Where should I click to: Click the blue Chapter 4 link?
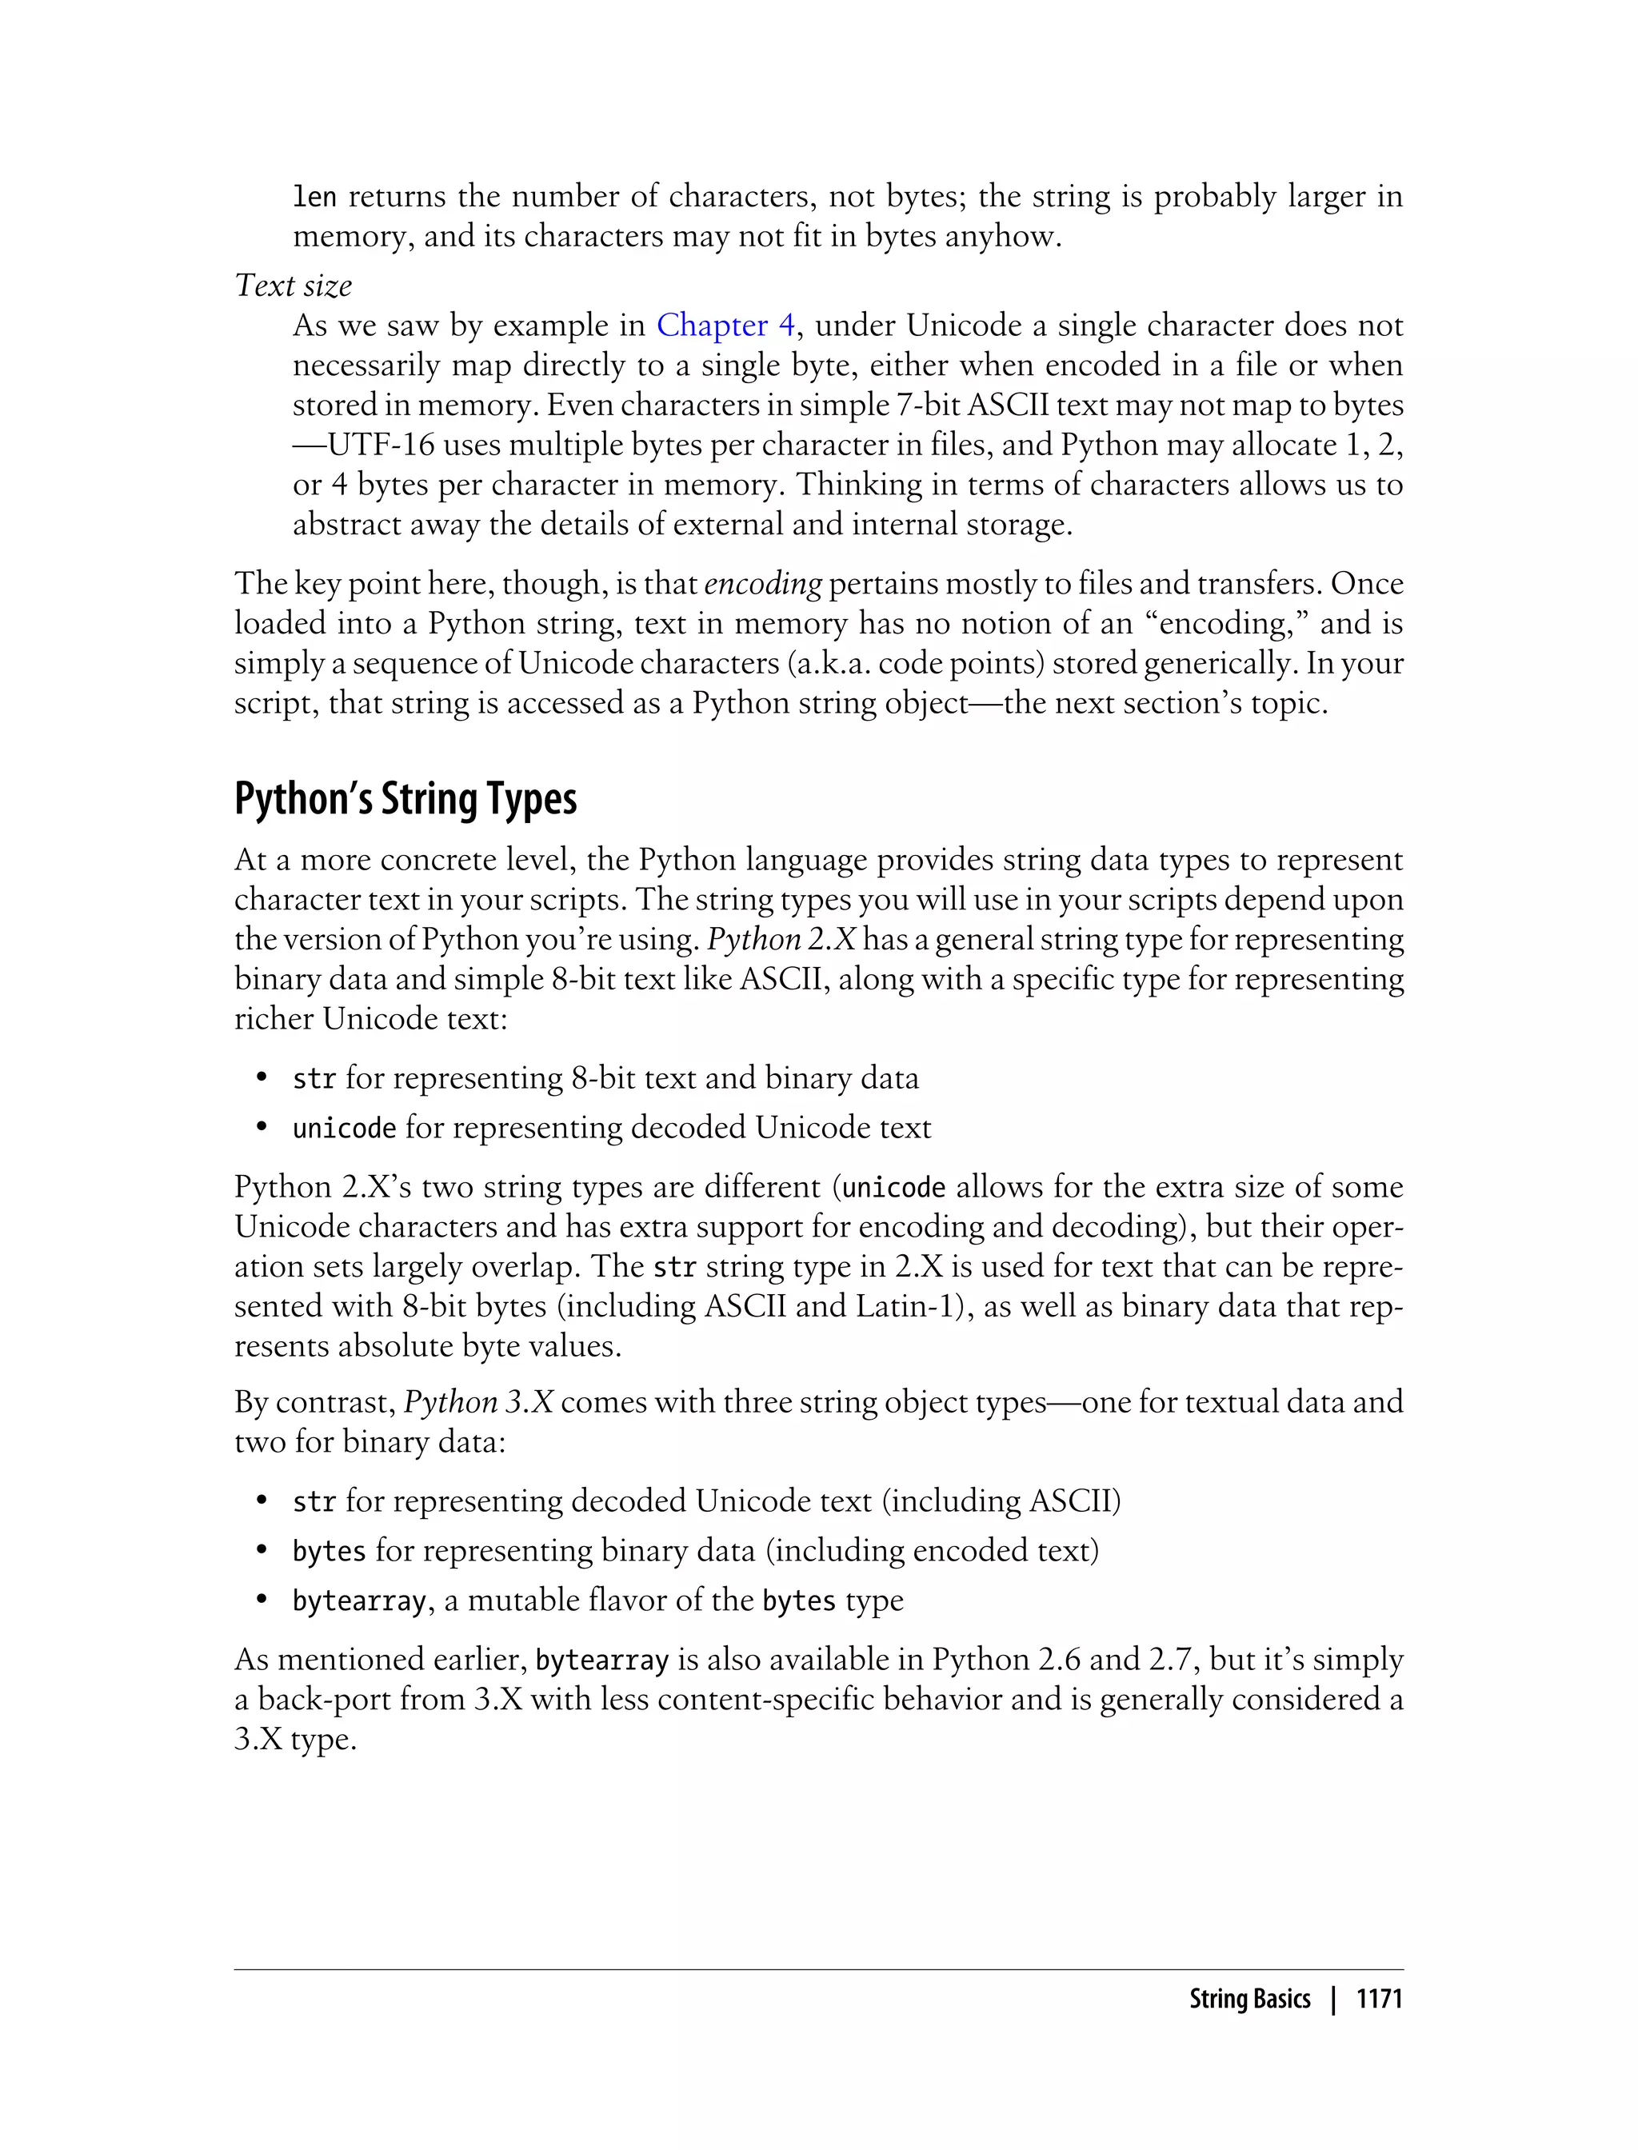tap(725, 325)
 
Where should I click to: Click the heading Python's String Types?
tap(406, 798)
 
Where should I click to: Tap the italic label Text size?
tap(293, 286)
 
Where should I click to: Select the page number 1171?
tap(1379, 1999)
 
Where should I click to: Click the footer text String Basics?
tap(1249, 1999)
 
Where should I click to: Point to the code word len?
tap(314, 197)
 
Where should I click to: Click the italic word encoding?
tap(762, 583)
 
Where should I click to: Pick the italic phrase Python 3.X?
tap(477, 1402)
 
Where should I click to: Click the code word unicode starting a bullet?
tap(344, 1128)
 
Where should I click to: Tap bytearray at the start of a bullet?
tap(359, 1601)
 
